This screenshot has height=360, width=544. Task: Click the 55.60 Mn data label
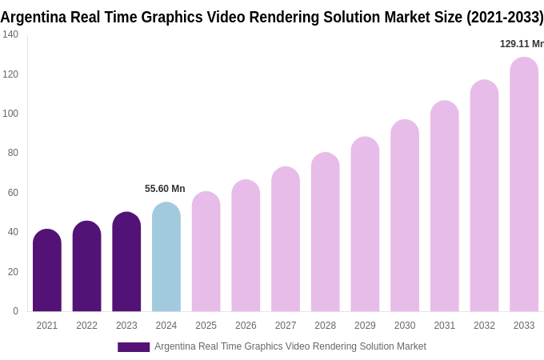tap(165, 189)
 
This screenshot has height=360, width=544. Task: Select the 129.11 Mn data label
tap(522, 44)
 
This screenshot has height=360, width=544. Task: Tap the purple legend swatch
tap(134, 346)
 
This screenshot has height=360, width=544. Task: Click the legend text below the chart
tap(290, 346)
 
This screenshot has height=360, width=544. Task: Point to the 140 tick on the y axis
tap(10, 34)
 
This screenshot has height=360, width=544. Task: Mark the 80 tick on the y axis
tap(13, 153)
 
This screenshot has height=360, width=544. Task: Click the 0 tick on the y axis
tap(15, 311)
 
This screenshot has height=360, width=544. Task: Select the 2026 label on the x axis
tap(246, 326)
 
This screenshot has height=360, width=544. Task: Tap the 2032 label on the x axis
tap(484, 326)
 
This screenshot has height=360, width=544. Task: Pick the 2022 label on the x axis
tap(86, 326)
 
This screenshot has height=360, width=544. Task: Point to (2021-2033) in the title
tap(505, 17)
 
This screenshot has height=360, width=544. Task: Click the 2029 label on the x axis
tap(365, 326)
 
